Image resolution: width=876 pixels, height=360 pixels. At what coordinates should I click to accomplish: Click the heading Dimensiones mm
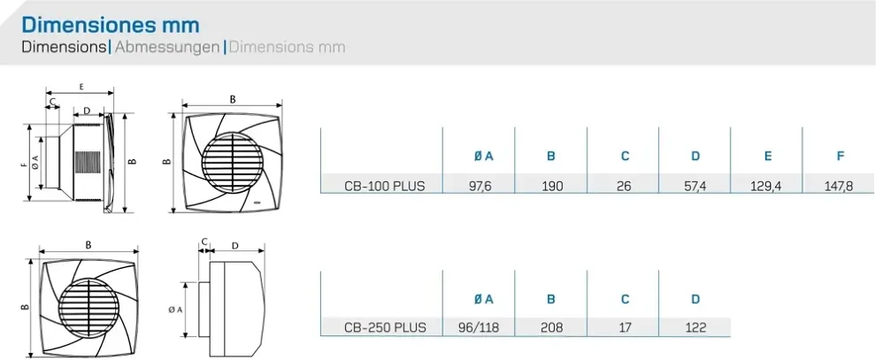coord(111,24)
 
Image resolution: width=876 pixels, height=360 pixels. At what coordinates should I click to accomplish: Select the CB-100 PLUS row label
coord(384,186)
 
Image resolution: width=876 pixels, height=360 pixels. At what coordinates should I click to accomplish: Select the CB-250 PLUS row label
coord(384,327)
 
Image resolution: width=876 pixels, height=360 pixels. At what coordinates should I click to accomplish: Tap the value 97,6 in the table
coord(479,186)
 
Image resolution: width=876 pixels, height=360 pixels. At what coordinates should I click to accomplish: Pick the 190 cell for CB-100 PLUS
coord(550,186)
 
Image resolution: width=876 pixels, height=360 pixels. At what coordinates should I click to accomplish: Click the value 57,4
coord(695,186)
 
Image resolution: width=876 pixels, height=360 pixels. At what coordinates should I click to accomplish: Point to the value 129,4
coord(767,186)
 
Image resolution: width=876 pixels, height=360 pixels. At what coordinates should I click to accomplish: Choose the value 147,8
coord(840,186)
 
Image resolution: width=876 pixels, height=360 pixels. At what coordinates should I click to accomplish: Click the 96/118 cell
coord(479,327)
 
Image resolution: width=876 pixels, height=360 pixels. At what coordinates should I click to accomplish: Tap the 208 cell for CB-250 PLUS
coord(550,327)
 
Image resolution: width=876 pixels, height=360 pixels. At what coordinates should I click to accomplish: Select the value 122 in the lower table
coord(695,327)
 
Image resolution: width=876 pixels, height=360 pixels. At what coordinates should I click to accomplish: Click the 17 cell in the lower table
coord(624,327)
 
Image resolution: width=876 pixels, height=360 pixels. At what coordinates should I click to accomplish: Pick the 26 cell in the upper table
coord(624,186)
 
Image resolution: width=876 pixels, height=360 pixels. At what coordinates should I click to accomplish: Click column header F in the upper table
coord(840,157)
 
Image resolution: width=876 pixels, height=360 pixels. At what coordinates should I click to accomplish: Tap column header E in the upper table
coord(767,157)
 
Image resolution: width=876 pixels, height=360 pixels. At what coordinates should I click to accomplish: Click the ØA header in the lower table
coord(483,298)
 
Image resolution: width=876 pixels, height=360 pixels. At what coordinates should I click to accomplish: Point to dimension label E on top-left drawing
coord(81,87)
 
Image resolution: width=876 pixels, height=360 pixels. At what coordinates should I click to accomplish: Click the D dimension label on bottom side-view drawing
coord(234,244)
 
